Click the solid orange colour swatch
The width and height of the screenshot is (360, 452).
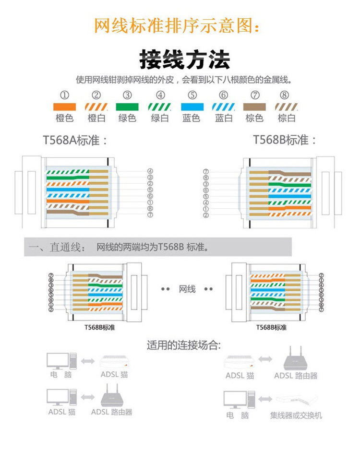tap(64, 107)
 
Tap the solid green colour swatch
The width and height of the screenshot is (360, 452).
tap(127, 107)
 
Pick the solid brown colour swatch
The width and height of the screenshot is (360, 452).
tap(254, 107)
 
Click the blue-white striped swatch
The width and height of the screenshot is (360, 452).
tap(223, 107)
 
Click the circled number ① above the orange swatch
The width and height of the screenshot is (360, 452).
tap(64, 95)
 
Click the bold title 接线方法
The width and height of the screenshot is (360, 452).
tap(184, 59)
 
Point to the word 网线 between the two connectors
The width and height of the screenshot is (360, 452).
tap(187, 289)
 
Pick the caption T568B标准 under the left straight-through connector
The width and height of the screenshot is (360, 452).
tap(99, 328)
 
